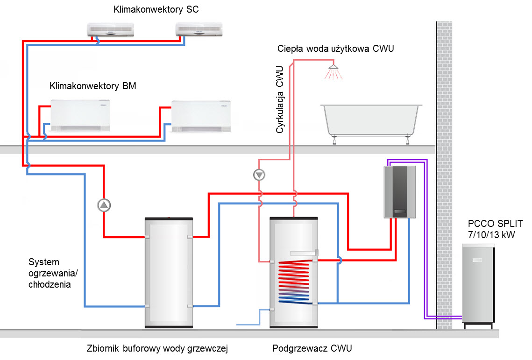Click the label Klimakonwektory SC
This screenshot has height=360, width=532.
(x=156, y=9)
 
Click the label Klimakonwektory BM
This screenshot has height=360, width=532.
(x=92, y=86)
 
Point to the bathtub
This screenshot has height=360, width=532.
(x=372, y=120)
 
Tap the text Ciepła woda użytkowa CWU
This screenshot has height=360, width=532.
(x=335, y=49)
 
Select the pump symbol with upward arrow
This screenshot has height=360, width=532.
(x=104, y=205)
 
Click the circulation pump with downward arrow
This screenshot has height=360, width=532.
(x=259, y=175)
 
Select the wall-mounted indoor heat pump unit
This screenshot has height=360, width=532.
(x=399, y=192)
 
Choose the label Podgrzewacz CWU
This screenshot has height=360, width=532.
(x=312, y=348)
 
